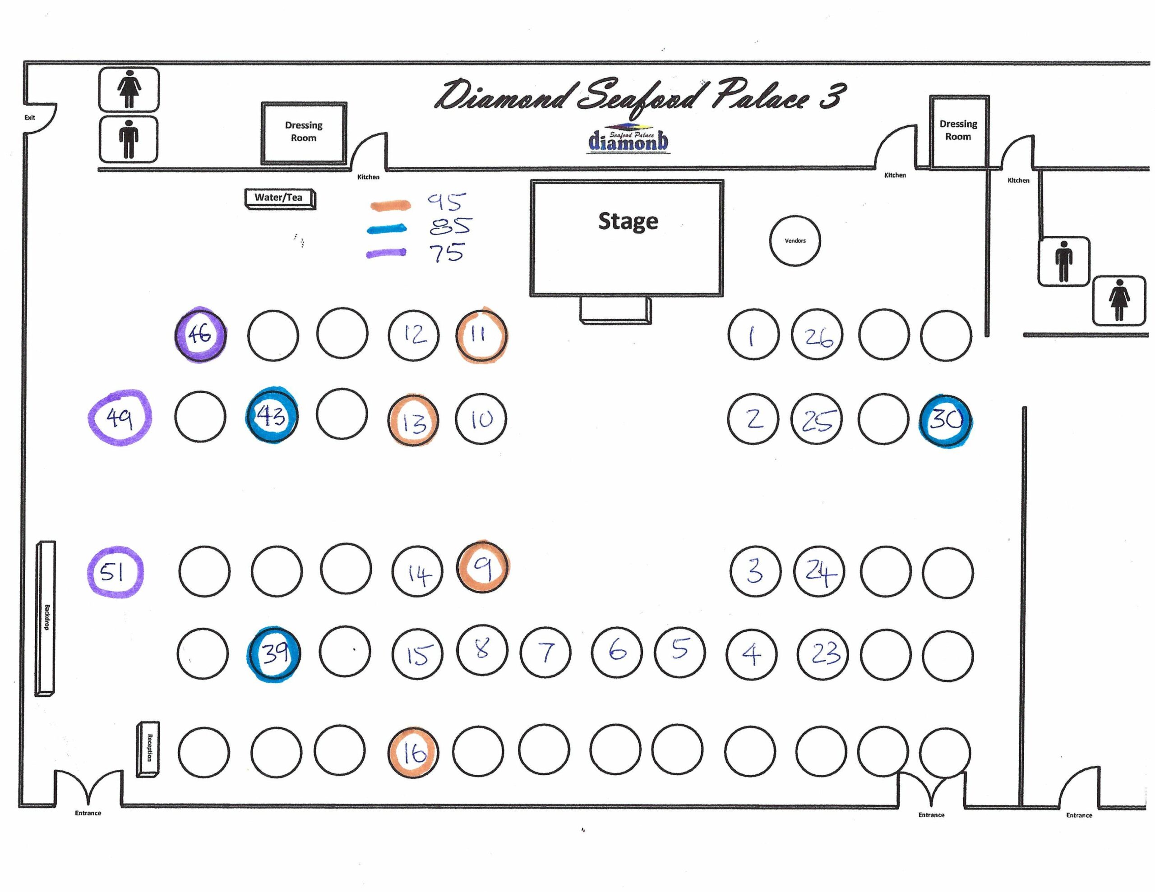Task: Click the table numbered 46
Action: click(200, 335)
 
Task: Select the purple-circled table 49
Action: click(120, 418)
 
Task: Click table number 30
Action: click(946, 421)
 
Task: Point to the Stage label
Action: click(628, 221)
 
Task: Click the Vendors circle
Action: click(795, 240)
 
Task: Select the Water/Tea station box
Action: click(279, 198)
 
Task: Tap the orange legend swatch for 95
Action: click(390, 205)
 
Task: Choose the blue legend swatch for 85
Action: click(387, 229)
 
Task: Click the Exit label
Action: click(30, 117)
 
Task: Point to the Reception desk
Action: click(148, 749)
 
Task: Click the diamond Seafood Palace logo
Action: click(628, 140)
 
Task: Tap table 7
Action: click(545, 652)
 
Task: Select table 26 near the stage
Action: click(817, 335)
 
